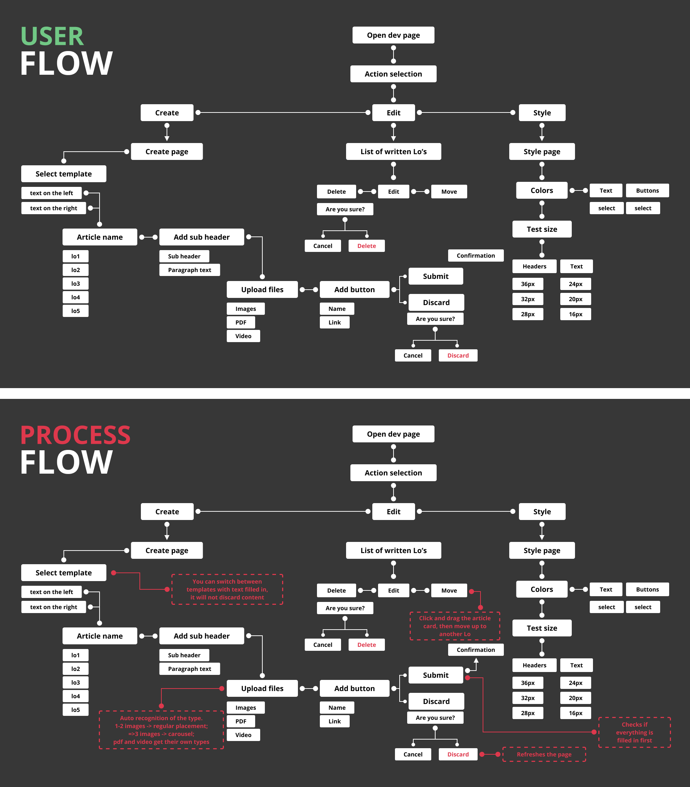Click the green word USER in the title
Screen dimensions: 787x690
[52, 37]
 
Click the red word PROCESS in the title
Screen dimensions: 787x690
[75, 436]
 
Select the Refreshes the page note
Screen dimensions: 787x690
[544, 754]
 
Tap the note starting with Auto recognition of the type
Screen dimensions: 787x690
[161, 730]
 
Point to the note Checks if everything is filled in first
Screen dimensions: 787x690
[634, 732]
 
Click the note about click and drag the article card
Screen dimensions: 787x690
[455, 626]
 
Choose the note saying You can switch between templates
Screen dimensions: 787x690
[227, 589]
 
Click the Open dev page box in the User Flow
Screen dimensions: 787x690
[393, 35]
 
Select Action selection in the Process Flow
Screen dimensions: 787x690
[393, 473]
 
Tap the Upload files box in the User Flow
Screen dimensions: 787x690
[262, 290]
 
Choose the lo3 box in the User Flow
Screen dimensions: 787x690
[75, 284]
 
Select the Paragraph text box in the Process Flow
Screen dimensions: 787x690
[189, 669]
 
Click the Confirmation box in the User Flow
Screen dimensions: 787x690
[475, 256]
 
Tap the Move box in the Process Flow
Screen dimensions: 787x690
[449, 590]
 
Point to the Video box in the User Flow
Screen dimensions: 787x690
[243, 336]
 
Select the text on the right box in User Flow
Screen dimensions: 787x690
[54, 208]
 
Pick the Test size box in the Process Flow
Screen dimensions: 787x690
[542, 628]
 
